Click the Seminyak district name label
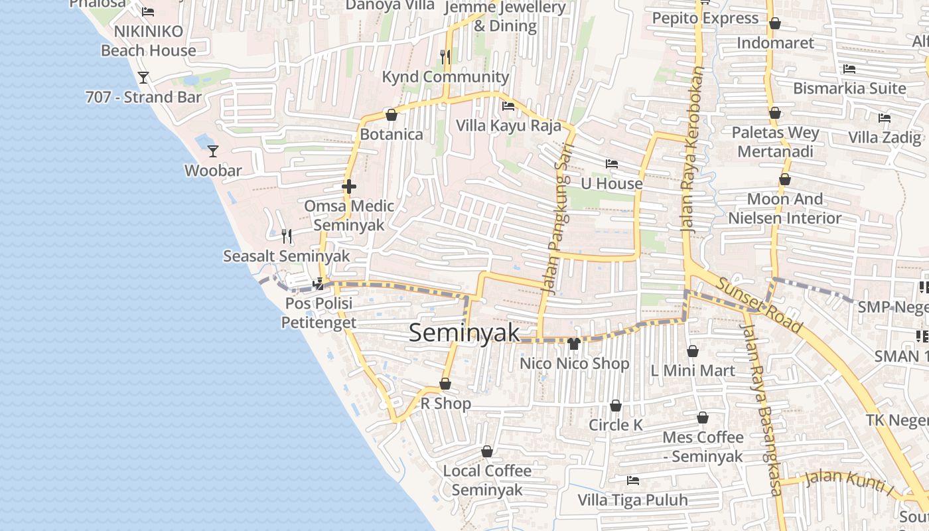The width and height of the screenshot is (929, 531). [x=464, y=333]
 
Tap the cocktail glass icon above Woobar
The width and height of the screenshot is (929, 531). [x=213, y=151]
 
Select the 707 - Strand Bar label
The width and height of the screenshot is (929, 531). [x=143, y=97]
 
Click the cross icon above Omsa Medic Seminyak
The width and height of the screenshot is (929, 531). [x=349, y=187]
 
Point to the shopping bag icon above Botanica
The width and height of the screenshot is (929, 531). [x=392, y=115]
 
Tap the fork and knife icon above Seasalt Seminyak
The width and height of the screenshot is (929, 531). [x=287, y=236]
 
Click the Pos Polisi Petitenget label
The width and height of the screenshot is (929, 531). [x=319, y=313]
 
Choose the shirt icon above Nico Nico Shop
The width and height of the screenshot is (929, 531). [x=574, y=344]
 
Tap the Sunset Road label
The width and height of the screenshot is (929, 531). [x=759, y=305]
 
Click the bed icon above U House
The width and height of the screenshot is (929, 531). [x=611, y=164]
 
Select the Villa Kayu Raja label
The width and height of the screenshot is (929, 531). [x=508, y=125]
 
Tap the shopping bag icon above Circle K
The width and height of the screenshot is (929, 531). [x=616, y=406]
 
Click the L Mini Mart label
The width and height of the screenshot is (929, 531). [x=693, y=370]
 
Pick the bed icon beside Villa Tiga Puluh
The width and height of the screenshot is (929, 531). [x=632, y=480]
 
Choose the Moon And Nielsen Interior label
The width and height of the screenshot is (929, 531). [x=785, y=208]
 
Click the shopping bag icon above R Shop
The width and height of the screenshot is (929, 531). [x=445, y=384]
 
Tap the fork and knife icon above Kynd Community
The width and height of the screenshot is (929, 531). [x=445, y=57]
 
